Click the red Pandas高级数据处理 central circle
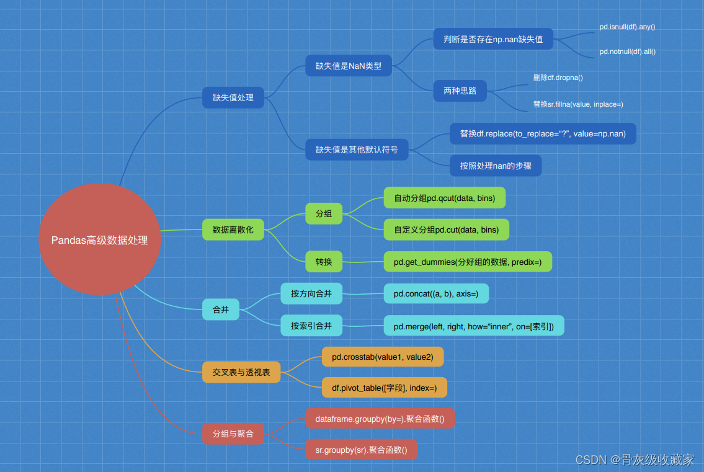tap(99, 240)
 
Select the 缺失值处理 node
tap(233, 97)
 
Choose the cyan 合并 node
tap(221, 309)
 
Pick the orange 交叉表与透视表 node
tap(242, 372)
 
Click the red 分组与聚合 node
tap(233, 434)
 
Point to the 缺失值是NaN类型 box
tap(349, 66)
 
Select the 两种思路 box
tap(460, 91)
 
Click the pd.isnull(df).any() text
tap(627, 27)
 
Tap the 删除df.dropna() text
tap(558, 78)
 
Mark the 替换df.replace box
tap(543, 133)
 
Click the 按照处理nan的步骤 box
tap(496, 166)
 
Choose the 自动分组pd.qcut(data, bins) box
tap(445, 198)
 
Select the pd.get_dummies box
tap(468, 262)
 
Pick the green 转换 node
tap(324, 262)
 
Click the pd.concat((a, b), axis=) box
tap(436, 293)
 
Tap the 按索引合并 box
tap(311, 326)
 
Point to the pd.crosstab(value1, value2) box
tap(383, 357)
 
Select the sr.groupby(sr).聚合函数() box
tap(362, 450)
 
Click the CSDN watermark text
tap(635, 460)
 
